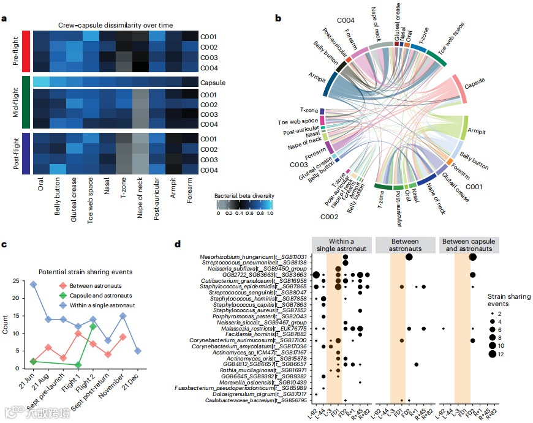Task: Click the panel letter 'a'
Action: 5,18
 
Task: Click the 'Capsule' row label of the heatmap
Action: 212,82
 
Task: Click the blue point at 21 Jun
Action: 33,284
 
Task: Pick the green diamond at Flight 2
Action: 93,326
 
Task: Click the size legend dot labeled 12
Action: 493,354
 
